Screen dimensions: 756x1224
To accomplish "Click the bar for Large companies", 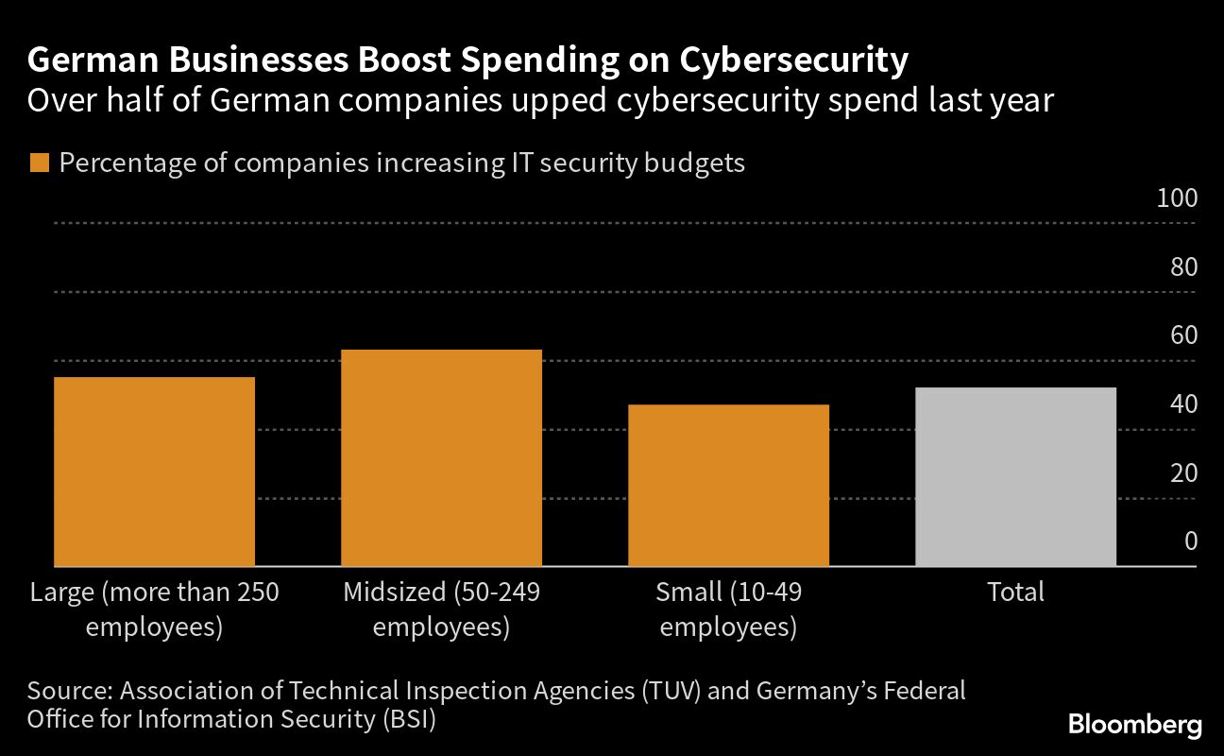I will point(154,472).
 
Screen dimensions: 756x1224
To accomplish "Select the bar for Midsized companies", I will point(441,458).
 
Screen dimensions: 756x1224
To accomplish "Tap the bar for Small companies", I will point(728,486).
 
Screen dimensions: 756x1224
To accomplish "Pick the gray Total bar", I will point(1015,477).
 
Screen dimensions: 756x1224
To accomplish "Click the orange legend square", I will point(39,163).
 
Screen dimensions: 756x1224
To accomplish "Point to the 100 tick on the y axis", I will point(1177,198).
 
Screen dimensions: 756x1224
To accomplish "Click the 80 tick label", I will point(1183,267).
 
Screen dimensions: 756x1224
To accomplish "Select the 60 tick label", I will point(1183,335).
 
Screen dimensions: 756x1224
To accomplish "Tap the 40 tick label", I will point(1183,404).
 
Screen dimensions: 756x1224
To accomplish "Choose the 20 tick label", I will point(1183,472).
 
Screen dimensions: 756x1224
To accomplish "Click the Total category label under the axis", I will point(1015,593).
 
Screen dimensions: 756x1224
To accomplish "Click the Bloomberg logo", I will point(1135,726).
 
